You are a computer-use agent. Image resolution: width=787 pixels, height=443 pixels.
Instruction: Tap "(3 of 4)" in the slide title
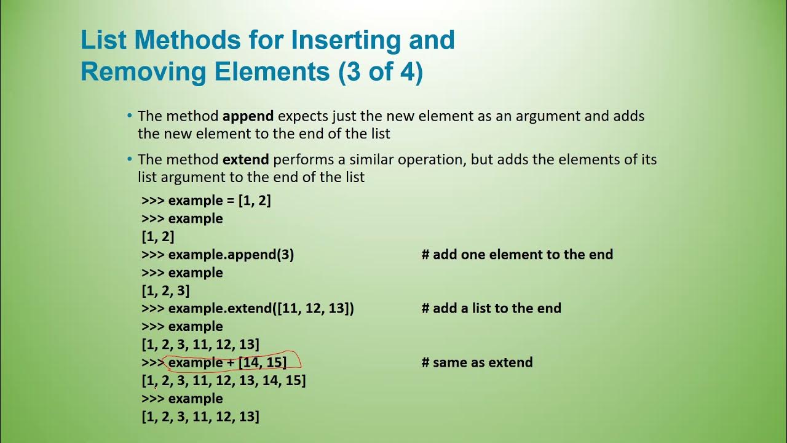[381, 72]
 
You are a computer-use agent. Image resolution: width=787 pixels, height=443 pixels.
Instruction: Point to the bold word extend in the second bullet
[245, 159]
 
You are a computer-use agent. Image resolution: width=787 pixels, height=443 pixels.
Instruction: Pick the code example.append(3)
[231, 255]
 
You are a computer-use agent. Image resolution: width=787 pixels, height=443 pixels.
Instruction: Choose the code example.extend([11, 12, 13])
[261, 308]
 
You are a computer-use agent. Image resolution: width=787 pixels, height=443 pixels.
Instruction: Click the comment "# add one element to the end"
[517, 255]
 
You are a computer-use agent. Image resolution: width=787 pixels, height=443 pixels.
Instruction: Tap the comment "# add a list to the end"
[491, 308]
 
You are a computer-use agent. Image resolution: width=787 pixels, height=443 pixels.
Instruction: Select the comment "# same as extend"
[477, 362]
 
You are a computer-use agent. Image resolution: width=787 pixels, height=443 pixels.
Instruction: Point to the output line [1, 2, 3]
[165, 290]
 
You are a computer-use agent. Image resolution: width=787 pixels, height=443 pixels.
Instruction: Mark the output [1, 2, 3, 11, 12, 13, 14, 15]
[224, 380]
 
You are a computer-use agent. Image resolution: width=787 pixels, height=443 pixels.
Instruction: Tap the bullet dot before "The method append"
[130, 116]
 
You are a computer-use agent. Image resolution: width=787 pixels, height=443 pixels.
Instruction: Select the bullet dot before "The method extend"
[130, 159]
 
